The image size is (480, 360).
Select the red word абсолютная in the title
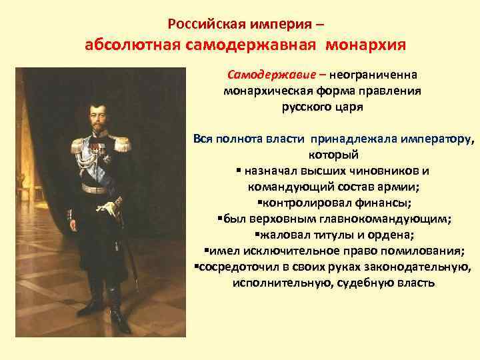coord(134,46)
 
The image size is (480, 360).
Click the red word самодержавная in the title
coord(253,46)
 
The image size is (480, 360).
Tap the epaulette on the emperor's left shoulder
coord(121,142)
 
